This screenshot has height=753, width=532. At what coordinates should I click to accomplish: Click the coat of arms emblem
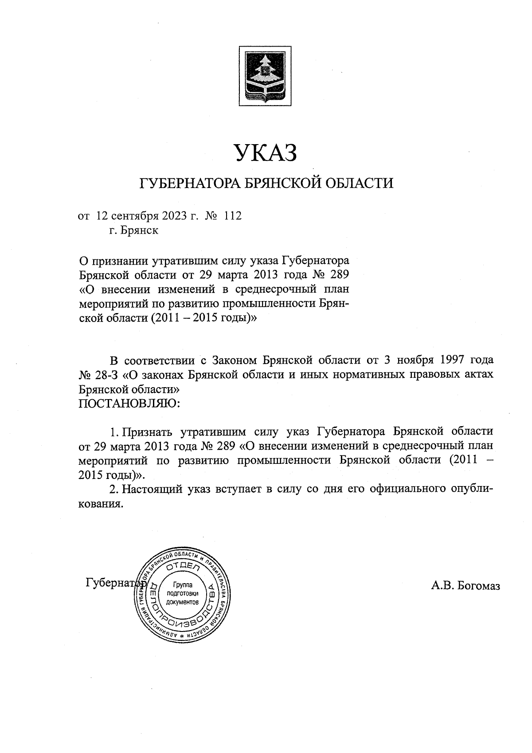[266, 76]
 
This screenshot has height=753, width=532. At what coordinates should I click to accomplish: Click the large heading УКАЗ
[266, 153]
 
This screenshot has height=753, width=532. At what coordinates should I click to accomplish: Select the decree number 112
[233, 216]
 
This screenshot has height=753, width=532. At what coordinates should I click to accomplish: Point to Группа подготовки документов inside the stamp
[183, 593]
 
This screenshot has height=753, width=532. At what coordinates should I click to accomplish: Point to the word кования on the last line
[100, 504]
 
